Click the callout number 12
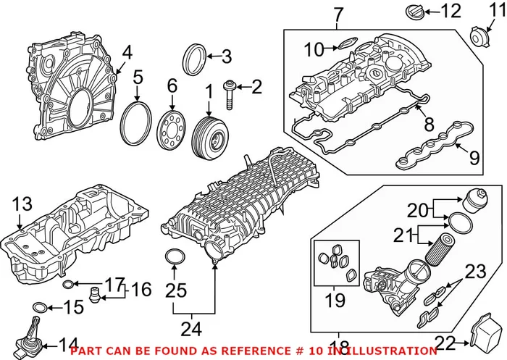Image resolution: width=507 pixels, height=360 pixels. coord(451,11)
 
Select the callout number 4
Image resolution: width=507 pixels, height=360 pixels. coord(127,51)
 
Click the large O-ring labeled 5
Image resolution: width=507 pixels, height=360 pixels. coord(137,124)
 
